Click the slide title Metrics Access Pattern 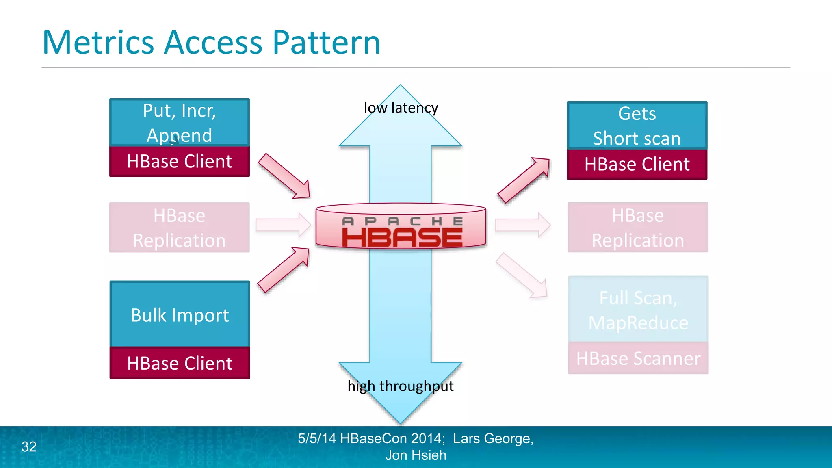click(x=211, y=42)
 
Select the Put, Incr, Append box click(x=180, y=122)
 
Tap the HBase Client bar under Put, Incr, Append click(x=180, y=162)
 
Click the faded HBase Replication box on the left click(x=180, y=227)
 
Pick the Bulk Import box click(x=180, y=314)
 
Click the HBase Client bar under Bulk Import click(x=180, y=363)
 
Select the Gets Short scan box click(x=637, y=126)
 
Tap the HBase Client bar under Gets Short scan click(x=637, y=165)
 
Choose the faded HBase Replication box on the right click(x=638, y=227)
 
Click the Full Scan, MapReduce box click(x=638, y=310)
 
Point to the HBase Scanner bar click(x=638, y=358)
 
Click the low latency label click(x=401, y=108)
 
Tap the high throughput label click(x=401, y=386)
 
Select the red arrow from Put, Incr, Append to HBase click(x=285, y=176)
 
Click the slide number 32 click(x=29, y=447)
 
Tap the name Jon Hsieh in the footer click(x=416, y=455)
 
